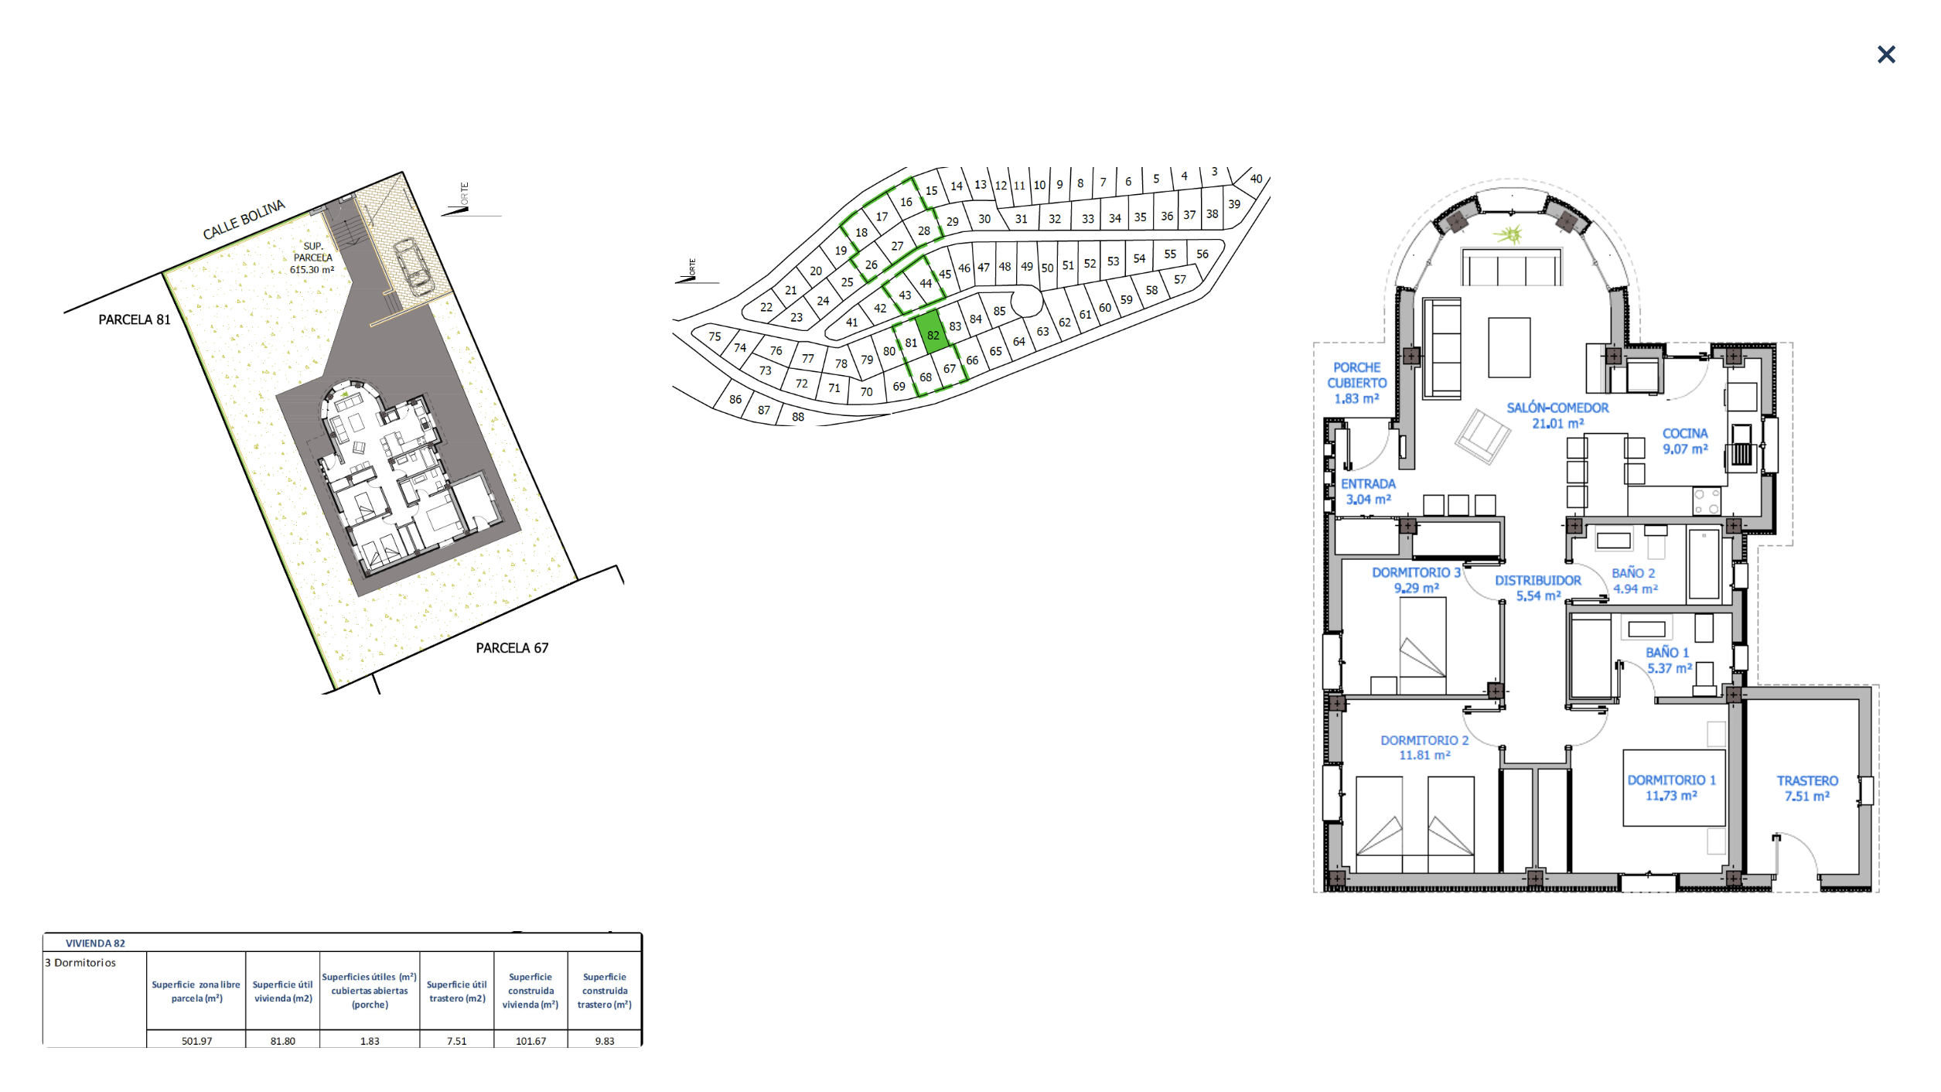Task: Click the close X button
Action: coord(1886,54)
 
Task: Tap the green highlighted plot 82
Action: coord(933,333)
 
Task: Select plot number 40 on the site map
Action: coord(1256,179)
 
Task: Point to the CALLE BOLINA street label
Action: coord(244,220)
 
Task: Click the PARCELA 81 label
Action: coord(135,319)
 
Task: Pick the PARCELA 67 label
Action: coord(512,648)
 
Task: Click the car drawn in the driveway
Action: coord(414,267)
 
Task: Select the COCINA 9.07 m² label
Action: coord(1685,441)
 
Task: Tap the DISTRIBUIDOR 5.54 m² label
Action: coord(1537,588)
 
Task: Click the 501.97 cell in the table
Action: coord(196,1041)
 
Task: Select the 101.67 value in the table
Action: coord(530,1041)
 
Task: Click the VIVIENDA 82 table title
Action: coord(95,944)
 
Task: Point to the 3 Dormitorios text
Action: coord(80,963)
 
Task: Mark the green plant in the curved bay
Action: coord(1508,234)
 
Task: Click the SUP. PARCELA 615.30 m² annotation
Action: coord(312,258)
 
